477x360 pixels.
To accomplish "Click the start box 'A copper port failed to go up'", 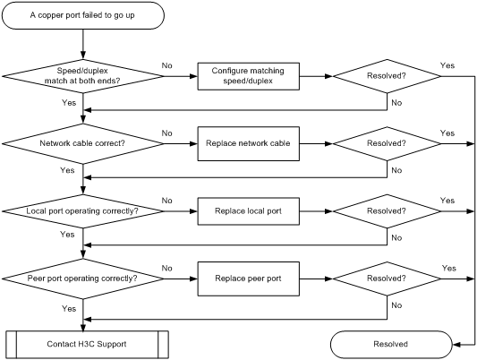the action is tap(82, 15).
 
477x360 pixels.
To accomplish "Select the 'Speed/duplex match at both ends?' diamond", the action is tap(82, 76).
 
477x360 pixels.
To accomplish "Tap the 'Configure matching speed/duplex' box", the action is tap(248, 76).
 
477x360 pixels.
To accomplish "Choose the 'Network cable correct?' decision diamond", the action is tap(82, 143).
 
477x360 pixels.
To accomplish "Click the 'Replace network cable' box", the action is tap(248, 143).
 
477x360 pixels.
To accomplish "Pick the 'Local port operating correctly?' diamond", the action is tap(82, 211).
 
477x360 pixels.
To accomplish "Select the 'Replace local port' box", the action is tap(248, 211).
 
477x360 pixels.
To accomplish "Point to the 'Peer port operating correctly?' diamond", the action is tap(82, 279).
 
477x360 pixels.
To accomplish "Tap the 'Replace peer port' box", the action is tap(248, 279).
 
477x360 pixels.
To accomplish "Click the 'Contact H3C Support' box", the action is tap(87, 345).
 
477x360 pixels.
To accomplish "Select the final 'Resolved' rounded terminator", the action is tap(391, 345).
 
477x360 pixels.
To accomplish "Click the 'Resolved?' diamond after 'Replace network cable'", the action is tap(387, 143).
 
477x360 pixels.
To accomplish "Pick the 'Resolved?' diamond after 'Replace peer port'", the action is tap(387, 279).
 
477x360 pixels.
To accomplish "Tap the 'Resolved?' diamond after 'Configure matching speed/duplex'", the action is tap(387, 76).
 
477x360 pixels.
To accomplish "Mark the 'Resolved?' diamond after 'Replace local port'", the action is tap(387, 211).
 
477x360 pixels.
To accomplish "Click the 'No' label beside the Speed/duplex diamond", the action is tap(167, 65).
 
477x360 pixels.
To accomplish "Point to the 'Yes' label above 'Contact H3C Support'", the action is tap(69, 309).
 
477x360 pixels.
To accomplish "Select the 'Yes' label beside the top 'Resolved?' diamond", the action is tap(447, 65).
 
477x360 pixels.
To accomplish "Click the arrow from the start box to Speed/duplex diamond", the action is tap(82, 45).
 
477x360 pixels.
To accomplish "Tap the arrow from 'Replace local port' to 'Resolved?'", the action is tap(316, 211).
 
